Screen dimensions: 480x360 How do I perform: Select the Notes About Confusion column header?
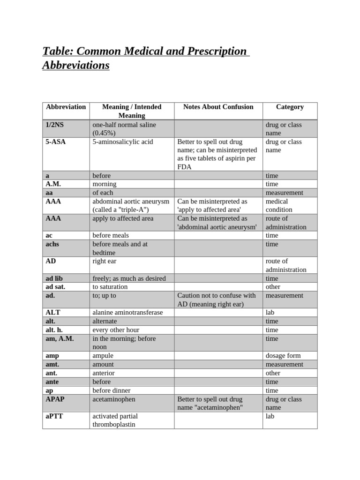click(x=218, y=107)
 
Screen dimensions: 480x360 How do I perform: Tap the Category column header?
click(x=290, y=107)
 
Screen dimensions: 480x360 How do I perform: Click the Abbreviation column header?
click(x=66, y=107)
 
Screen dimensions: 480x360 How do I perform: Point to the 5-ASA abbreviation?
click(x=56, y=142)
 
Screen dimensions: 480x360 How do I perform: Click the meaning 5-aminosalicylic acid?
click(x=123, y=142)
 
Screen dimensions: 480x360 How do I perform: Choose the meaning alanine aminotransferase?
click(x=127, y=313)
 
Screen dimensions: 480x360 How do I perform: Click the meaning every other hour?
click(x=116, y=330)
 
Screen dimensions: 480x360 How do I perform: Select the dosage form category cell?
click(x=283, y=356)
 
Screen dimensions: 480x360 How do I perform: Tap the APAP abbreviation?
click(x=56, y=399)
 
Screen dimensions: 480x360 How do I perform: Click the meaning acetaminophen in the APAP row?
click(x=114, y=399)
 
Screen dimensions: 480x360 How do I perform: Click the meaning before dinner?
click(x=112, y=390)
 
